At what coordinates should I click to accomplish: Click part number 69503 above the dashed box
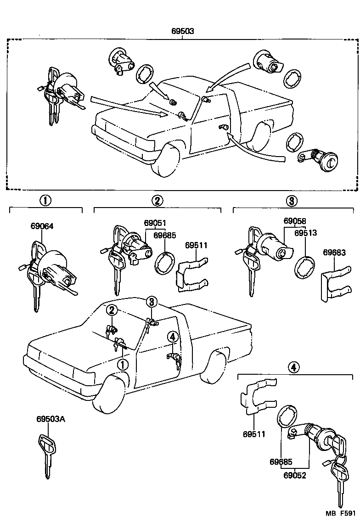(183, 32)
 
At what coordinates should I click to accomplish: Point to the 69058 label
(295, 221)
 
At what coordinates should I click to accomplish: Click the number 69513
(306, 233)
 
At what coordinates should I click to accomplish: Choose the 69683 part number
(334, 252)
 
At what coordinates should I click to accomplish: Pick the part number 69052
(295, 476)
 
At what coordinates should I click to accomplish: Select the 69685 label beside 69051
(165, 235)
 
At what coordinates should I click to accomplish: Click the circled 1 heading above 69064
(45, 200)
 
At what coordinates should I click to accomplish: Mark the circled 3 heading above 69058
(292, 200)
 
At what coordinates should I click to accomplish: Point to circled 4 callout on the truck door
(172, 337)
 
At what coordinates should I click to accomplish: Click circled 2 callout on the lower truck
(112, 310)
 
